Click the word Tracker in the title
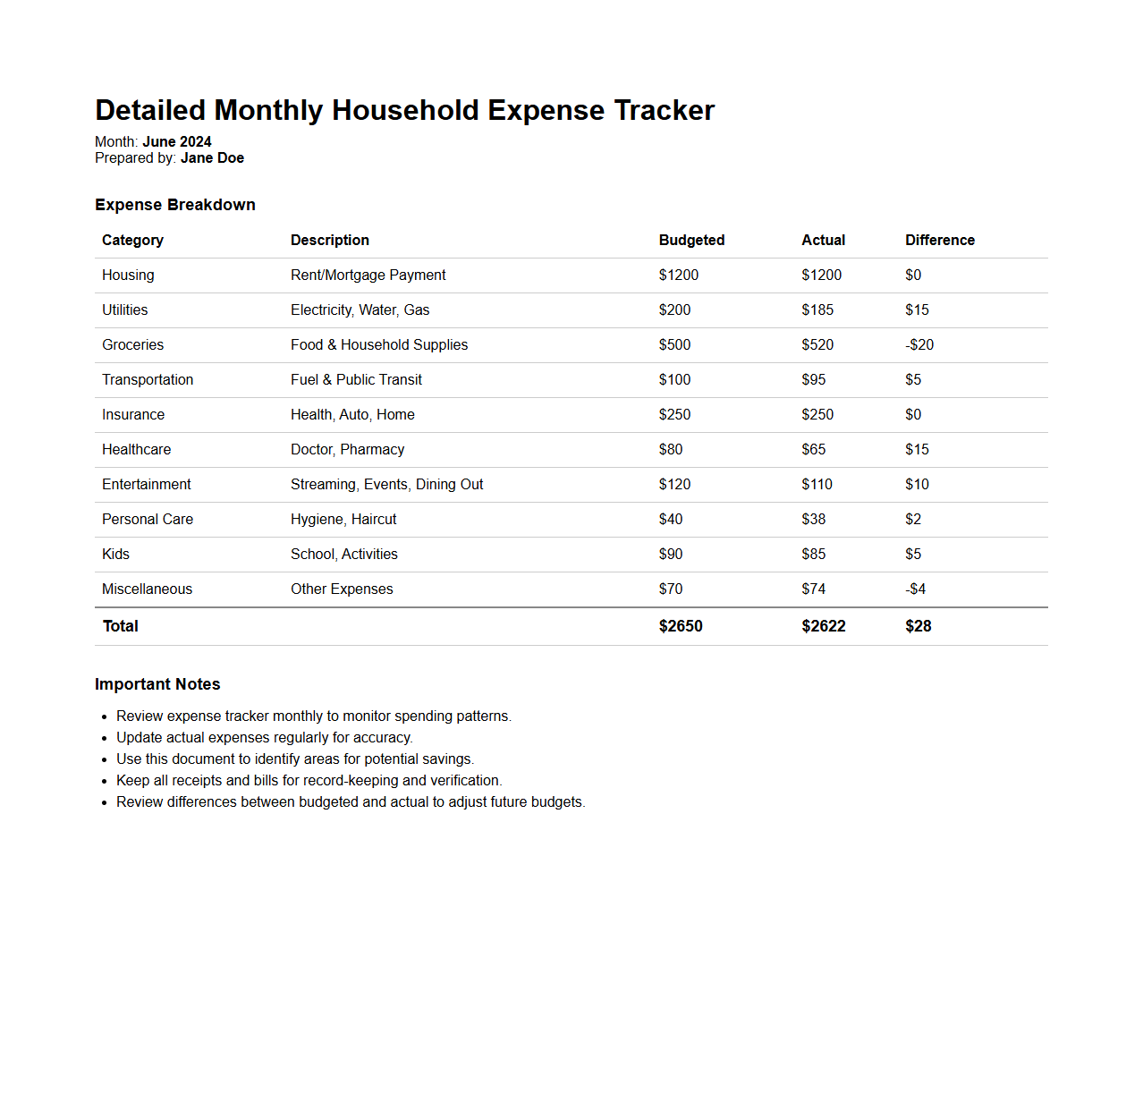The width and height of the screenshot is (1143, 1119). point(664,110)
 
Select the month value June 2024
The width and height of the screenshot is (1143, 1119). point(177,141)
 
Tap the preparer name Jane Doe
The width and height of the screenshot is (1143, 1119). point(212,158)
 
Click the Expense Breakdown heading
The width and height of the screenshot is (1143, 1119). point(175,205)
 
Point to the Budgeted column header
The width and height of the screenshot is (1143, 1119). point(691,240)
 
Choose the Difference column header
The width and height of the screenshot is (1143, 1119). point(939,240)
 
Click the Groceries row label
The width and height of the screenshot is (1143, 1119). point(132,344)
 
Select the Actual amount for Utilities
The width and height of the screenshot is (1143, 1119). point(817,309)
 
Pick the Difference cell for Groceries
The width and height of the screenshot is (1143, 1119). point(919,344)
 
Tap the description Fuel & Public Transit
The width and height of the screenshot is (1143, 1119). point(356,379)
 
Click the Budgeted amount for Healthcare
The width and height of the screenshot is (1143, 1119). point(671,449)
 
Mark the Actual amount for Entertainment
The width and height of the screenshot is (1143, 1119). point(817,484)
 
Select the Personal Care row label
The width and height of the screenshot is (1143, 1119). point(148,519)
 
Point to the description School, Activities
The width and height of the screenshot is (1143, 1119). point(344,554)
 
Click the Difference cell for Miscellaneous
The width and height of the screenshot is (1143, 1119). point(915,589)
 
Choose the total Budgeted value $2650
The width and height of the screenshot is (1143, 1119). point(681,626)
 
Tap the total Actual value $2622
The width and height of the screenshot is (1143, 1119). point(824,626)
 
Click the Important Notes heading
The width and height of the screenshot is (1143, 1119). point(157,684)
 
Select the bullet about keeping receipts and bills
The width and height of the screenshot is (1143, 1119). point(309,780)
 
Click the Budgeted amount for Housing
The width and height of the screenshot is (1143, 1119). point(679,275)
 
